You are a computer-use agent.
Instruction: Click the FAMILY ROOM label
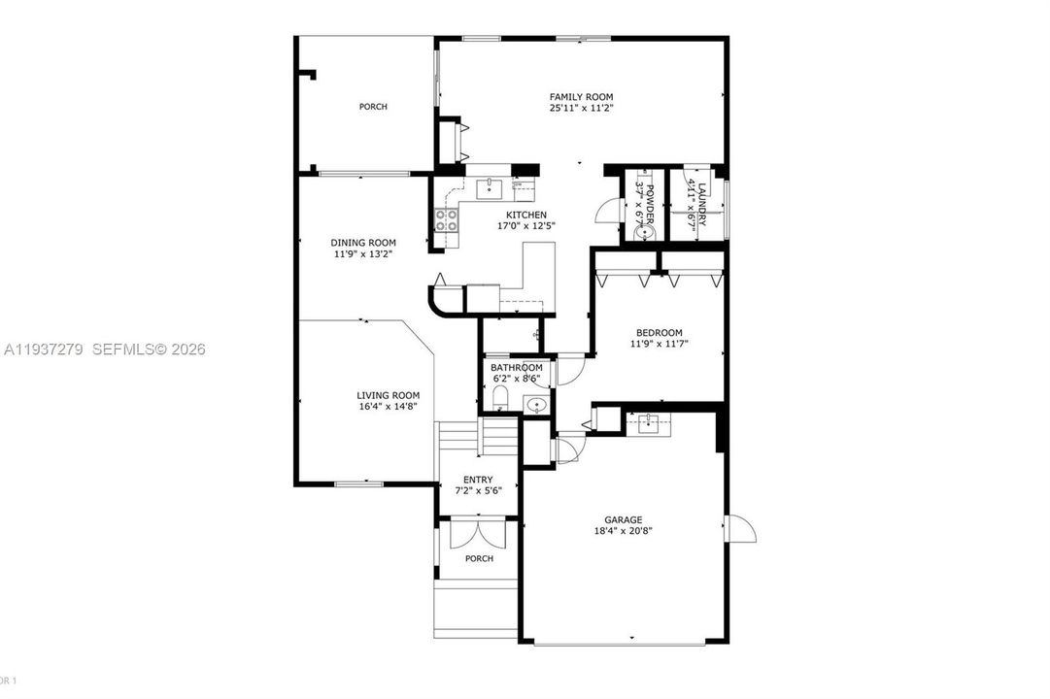[x=581, y=96]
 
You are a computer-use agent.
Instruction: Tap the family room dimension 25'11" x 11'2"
[x=581, y=109]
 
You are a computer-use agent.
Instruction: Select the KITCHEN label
[x=526, y=215]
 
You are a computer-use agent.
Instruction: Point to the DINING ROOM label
[x=363, y=243]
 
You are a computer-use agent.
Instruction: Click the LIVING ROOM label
[x=388, y=395]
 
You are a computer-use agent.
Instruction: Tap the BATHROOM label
[x=516, y=368]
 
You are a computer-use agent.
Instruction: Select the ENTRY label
[x=477, y=480]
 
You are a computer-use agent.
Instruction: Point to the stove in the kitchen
[x=446, y=220]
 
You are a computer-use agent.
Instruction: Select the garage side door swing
[x=741, y=530]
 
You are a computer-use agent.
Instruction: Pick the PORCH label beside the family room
[x=373, y=107]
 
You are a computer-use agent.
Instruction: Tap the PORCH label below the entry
[x=478, y=558]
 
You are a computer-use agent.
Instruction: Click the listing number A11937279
[x=44, y=349]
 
